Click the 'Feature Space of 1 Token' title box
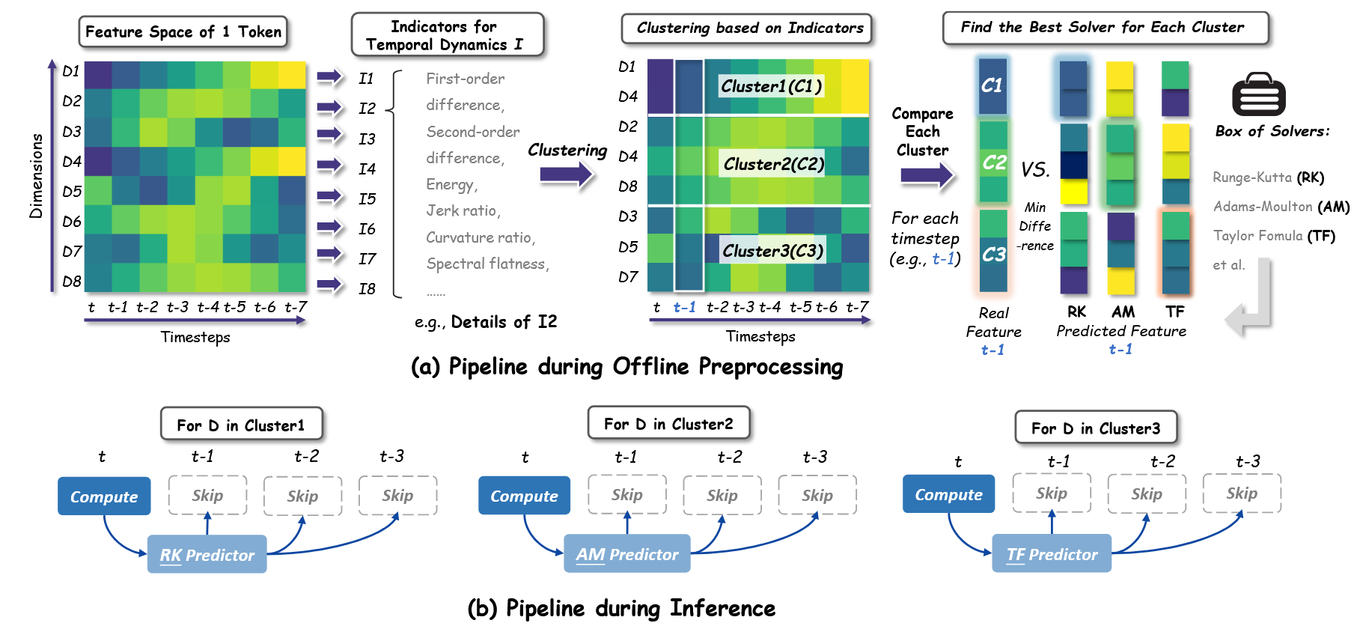[183, 31]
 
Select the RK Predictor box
[207, 554]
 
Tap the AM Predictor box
[627, 553]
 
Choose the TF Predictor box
[1052, 553]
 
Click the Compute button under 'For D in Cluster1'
[104, 496]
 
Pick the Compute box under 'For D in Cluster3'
[948, 494]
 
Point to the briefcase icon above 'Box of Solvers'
[1259, 95]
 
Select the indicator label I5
[367, 198]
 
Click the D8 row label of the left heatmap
[72, 282]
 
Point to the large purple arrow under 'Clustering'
[567, 175]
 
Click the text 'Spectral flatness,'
[487, 264]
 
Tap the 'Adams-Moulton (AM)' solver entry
[1281, 207]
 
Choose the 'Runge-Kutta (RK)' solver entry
[1269, 177]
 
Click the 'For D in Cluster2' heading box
[668, 424]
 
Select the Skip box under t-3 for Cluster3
[1242, 493]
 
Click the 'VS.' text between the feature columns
[1035, 169]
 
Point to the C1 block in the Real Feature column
[993, 86]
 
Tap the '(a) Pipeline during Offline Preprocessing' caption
[627, 366]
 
